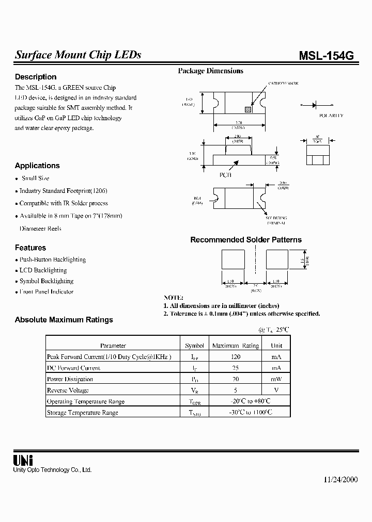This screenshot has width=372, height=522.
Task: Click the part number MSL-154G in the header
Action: (327, 56)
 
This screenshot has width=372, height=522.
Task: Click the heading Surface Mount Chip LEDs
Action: (78, 55)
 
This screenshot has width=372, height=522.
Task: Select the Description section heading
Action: (36, 77)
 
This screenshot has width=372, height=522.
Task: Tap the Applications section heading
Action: (37, 166)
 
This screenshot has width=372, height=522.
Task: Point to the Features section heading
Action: (30, 248)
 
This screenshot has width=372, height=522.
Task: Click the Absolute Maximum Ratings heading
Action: (64, 320)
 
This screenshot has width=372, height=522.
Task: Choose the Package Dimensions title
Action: (210, 71)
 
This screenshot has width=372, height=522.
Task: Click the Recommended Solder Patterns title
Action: (246, 240)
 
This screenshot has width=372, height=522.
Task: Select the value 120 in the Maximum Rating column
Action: (236, 356)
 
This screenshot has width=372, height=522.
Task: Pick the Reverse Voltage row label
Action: (68, 390)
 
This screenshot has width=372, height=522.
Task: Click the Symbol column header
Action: (194, 346)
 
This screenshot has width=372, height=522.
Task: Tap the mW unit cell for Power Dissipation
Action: (276, 379)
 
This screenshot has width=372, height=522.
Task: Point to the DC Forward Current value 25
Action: (236, 368)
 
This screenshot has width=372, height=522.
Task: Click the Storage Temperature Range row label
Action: (83, 413)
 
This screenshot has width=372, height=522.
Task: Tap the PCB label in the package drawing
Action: (226, 175)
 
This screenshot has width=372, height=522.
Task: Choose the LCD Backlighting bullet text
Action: (43, 270)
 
